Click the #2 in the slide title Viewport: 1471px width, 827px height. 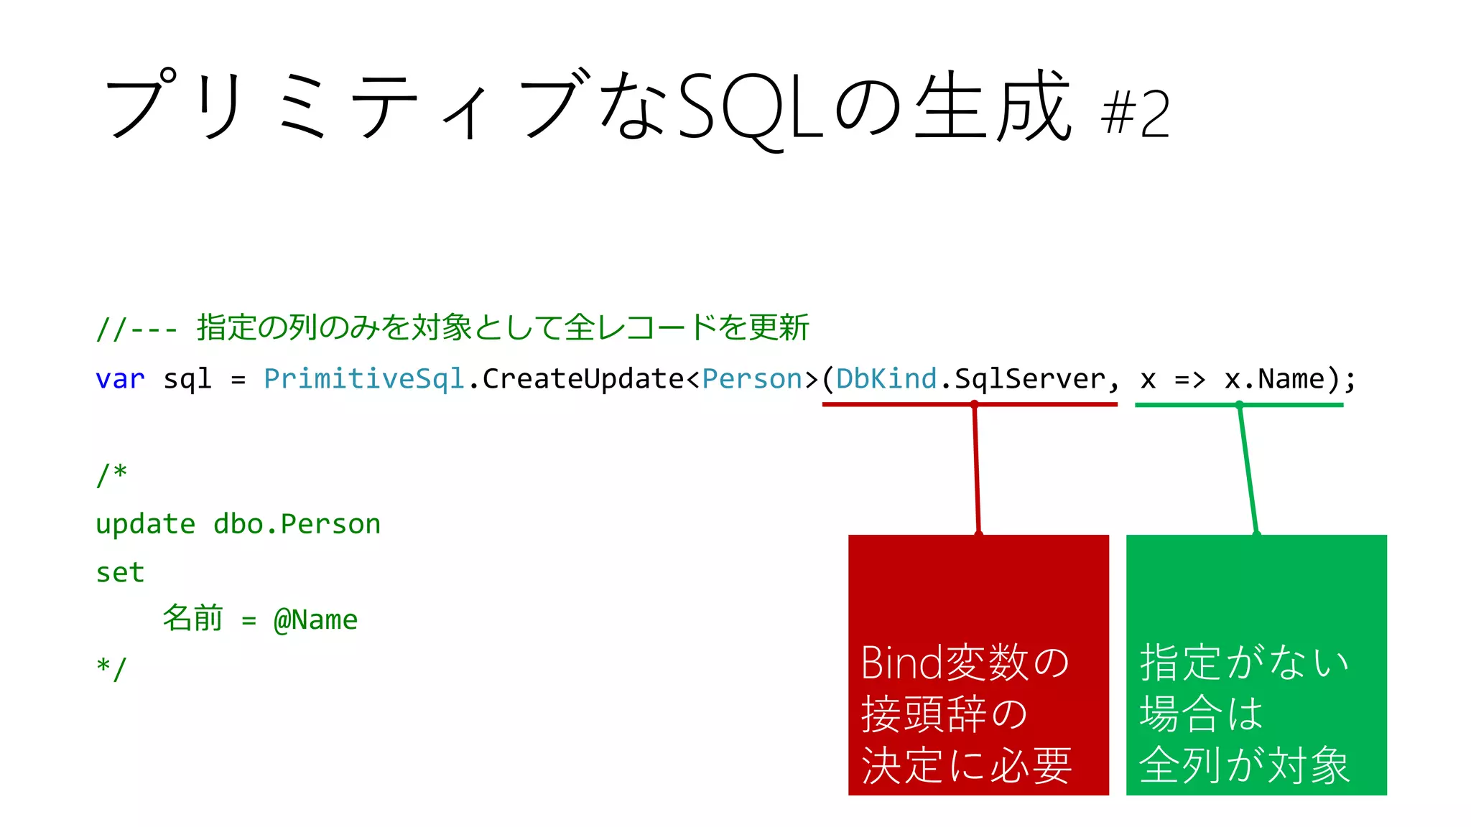pyautogui.click(x=1135, y=113)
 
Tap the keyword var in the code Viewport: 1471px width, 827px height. pyautogui.click(x=120, y=379)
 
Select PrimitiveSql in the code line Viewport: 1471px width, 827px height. pyautogui.click(x=364, y=379)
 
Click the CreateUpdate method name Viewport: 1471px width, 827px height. pyautogui.click(x=583, y=379)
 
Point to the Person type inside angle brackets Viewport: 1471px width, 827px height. pyautogui.click(x=751, y=379)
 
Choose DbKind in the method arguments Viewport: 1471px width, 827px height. pyautogui.click(x=886, y=379)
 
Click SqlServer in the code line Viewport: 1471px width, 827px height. pyautogui.click(x=1029, y=379)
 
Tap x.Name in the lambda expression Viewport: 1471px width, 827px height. pyautogui.click(x=1274, y=379)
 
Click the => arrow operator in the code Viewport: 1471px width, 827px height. pyautogui.click(x=1189, y=379)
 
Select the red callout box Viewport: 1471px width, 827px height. pyautogui.click(x=978, y=665)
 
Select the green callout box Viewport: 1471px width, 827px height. pyautogui.click(x=1256, y=665)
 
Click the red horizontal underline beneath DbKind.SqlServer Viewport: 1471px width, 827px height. pyautogui.click(x=898, y=405)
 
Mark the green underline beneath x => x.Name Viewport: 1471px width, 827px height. pyautogui.click(x=1293, y=405)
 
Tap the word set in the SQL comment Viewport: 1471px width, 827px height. pyautogui.click(x=120, y=573)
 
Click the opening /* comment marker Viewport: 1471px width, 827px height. pyautogui.click(x=111, y=475)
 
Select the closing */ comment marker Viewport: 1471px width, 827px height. pyautogui.click(x=111, y=669)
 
